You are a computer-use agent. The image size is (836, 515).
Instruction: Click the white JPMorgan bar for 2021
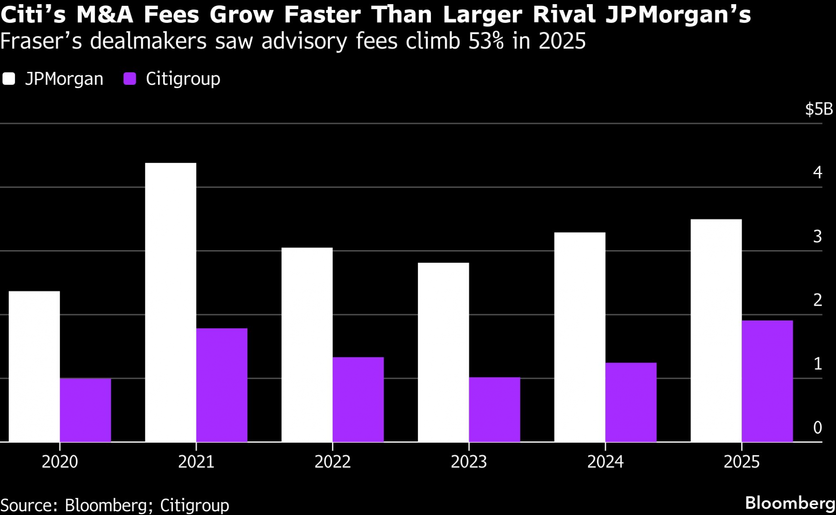[171, 302]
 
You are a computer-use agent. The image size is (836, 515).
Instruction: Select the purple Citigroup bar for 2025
[767, 381]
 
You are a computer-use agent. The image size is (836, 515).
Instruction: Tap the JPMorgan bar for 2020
[34, 366]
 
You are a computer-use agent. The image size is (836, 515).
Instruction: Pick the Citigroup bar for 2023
[494, 409]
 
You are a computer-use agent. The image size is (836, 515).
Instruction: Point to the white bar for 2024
[580, 337]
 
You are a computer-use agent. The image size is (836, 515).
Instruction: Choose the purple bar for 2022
[358, 399]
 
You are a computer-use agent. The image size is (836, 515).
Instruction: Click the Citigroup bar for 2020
[85, 410]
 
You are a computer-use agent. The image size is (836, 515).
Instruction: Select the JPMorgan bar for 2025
[716, 330]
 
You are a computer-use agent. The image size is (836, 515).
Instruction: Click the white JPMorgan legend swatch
[9, 79]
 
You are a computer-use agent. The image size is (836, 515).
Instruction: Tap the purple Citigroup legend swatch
[130, 79]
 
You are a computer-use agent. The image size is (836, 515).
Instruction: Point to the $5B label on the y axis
[818, 109]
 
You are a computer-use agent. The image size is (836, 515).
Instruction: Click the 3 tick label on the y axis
[818, 236]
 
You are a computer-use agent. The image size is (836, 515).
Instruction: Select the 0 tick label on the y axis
[818, 427]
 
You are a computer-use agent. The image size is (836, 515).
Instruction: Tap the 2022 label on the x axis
[332, 462]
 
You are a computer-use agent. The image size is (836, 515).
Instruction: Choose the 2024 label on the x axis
[605, 462]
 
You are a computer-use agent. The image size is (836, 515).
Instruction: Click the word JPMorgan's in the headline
[678, 15]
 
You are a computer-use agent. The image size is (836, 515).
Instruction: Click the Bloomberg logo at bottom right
[790, 503]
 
